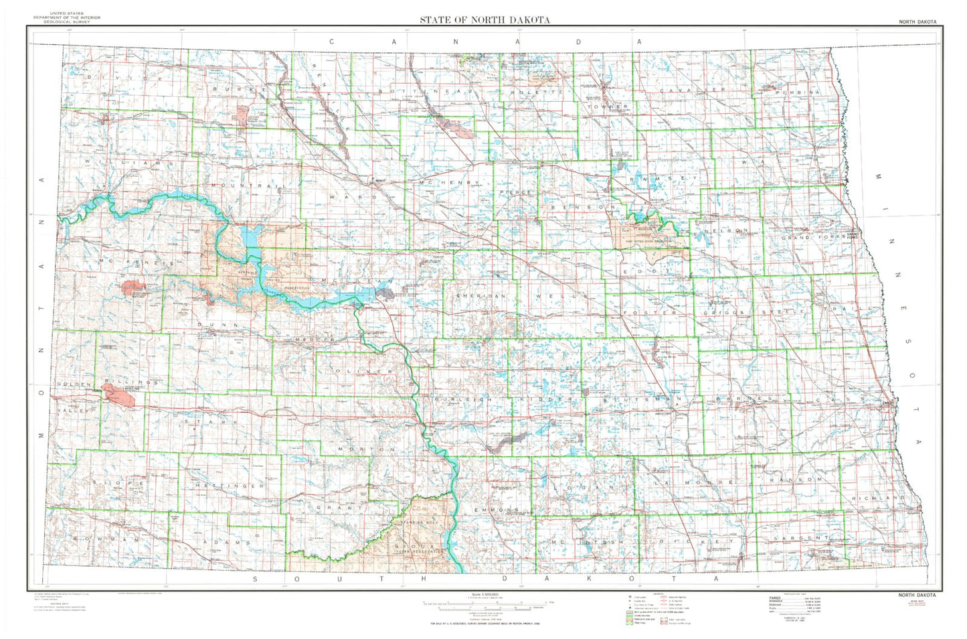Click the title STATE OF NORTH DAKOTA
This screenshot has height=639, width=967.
tap(485, 19)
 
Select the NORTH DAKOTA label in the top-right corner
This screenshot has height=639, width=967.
tap(917, 22)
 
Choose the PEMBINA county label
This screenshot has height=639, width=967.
tap(796, 92)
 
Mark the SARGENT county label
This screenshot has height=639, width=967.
tap(801, 538)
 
